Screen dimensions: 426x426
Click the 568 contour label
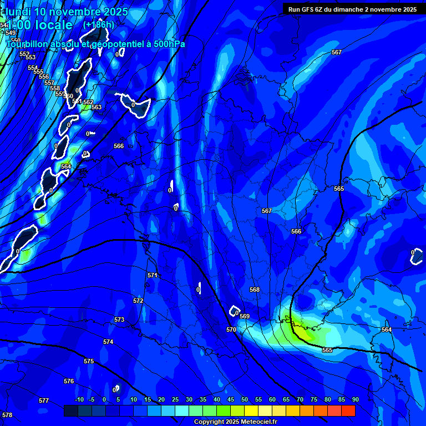pyautogui.click(x=255, y=290)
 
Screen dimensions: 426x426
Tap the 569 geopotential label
pyautogui.click(x=245, y=316)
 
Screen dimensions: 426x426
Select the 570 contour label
pyautogui.click(x=231, y=329)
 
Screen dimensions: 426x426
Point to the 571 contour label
pyautogui.click(x=153, y=275)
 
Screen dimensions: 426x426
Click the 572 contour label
pyautogui.click(x=138, y=301)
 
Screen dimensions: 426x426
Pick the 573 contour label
pyautogui.click(x=119, y=320)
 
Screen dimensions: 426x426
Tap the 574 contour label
pyautogui.click(x=108, y=342)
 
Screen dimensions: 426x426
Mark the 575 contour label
pyautogui.click(x=89, y=361)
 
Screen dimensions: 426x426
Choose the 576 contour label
pyautogui.click(x=69, y=381)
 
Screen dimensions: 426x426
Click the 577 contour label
pyautogui.click(x=44, y=400)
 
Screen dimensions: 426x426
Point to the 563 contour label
pyautogui.click(x=97, y=108)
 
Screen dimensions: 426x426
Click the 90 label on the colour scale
pyautogui.click(x=356, y=400)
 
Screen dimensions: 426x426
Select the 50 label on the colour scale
pyautogui.click(x=245, y=400)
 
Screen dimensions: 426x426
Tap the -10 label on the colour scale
pyautogui.click(x=79, y=400)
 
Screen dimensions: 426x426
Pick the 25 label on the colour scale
pyautogui.click(x=175, y=400)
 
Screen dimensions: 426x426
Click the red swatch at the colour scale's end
pyautogui.click(x=348, y=410)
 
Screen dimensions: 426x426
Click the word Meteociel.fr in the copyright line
pyautogui.click(x=256, y=422)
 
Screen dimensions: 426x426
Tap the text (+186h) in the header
pyautogui.click(x=98, y=24)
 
